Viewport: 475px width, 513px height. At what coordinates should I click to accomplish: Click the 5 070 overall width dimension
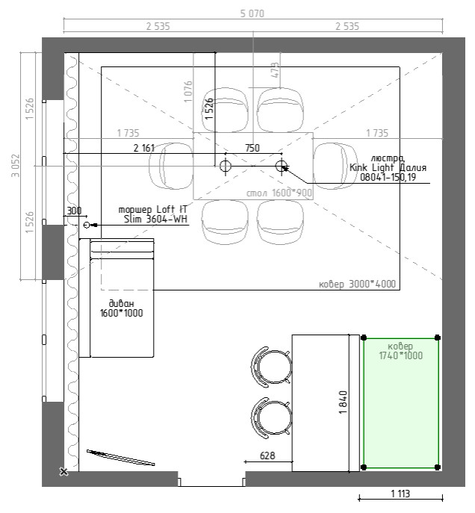point(252,13)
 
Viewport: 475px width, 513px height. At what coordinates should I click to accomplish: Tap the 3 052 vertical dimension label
point(16,166)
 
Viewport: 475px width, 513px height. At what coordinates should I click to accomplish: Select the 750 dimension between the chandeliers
point(252,148)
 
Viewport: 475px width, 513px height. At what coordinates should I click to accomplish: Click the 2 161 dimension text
point(144,148)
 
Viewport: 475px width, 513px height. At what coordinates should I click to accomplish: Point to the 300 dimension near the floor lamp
point(74,211)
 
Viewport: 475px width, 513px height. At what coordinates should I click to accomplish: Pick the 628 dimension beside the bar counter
point(267,456)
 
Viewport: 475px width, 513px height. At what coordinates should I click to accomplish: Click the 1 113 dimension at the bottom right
point(400,494)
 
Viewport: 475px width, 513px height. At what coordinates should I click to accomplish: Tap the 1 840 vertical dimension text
point(343,402)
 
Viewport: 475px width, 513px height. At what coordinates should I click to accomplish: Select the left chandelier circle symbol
point(225,166)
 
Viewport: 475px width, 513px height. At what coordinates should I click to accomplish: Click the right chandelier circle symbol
point(281,166)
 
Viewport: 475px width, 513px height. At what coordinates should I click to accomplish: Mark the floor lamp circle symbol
point(87,225)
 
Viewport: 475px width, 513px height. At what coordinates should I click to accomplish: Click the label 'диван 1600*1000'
point(122,308)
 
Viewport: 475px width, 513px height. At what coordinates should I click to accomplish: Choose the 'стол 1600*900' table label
point(279,193)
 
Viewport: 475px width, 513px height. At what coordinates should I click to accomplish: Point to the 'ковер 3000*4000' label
point(357,284)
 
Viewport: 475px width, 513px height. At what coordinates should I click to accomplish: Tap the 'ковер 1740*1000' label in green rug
point(401,351)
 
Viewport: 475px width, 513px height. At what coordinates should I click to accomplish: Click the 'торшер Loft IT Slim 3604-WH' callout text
point(153,214)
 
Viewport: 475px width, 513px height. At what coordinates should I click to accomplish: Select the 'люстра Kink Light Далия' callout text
point(388,168)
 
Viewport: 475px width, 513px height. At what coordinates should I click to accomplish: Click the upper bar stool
point(272,367)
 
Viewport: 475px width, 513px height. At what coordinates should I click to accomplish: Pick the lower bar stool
point(272,418)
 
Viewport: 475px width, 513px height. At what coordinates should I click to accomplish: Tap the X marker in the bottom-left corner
point(63,472)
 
